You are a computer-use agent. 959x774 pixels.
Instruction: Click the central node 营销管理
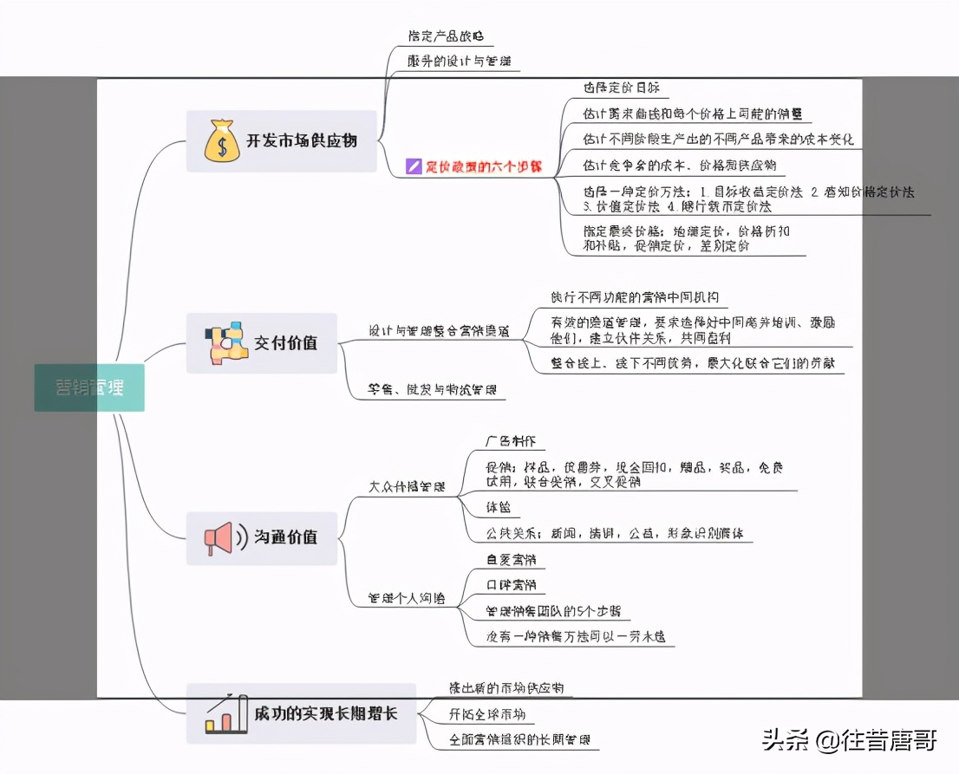coord(88,387)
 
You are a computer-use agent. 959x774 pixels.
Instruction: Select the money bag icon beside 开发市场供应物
coord(222,141)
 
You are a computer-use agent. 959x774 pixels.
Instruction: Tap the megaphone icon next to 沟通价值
coord(219,538)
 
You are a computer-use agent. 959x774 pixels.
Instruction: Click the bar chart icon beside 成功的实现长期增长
coord(220,713)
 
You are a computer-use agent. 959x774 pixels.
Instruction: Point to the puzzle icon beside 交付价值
coord(220,343)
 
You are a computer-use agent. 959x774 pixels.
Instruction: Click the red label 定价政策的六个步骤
coord(483,166)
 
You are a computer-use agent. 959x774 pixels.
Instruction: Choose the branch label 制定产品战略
coord(446,36)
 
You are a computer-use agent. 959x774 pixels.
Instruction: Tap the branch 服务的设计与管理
coord(459,62)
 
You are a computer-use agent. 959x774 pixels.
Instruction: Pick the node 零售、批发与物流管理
coord(433,391)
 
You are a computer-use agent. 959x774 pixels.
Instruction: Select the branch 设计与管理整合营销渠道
coord(440,331)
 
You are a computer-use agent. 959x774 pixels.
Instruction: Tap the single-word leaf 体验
coord(499,506)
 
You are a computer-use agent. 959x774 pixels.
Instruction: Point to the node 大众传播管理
coord(408,487)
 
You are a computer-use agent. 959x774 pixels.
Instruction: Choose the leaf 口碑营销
coord(511,585)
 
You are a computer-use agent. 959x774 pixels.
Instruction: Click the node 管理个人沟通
coord(408,598)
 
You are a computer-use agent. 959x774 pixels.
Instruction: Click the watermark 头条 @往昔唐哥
coord(849,741)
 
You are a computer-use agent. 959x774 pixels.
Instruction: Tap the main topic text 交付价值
coord(285,343)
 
